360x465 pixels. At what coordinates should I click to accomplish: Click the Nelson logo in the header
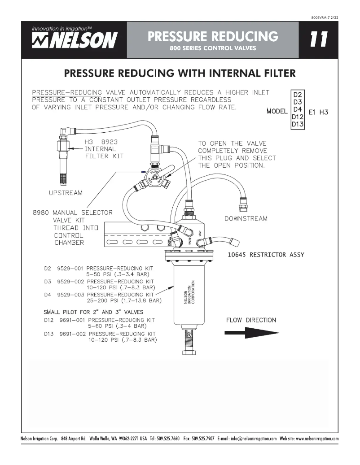point(74,39)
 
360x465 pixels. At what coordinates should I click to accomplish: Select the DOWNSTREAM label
point(246,218)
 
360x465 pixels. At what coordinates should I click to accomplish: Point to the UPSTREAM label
point(66,192)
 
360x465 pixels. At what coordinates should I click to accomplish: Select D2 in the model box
point(298,95)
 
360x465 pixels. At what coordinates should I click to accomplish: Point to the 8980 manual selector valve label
point(72,213)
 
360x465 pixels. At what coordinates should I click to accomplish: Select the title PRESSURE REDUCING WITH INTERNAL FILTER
point(180,73)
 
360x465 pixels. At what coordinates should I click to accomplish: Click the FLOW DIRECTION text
point(250,320)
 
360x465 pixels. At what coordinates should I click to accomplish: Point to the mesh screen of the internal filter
point(62,177)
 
